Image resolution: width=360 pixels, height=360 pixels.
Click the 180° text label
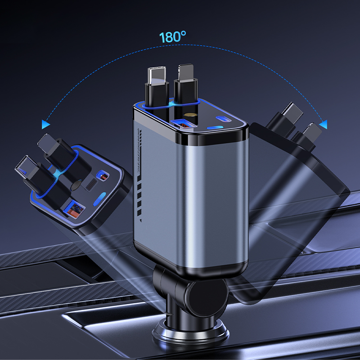coord(173,37)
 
